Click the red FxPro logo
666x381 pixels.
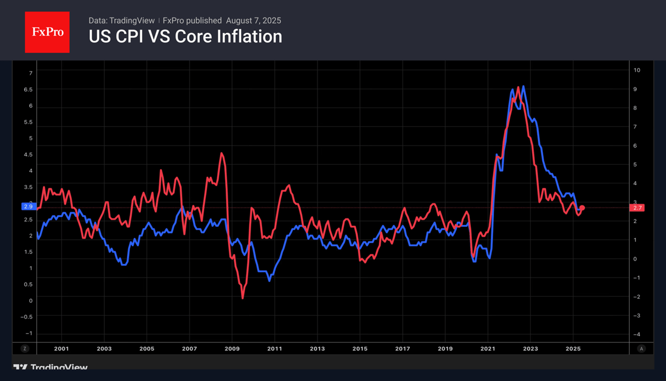47,32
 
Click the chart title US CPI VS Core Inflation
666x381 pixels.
185,37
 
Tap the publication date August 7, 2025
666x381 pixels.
254,21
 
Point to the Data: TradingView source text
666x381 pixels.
121,21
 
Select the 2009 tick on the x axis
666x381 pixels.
232,349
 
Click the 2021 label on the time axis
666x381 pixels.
488,349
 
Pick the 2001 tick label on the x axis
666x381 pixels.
61,349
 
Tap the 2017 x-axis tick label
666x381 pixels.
402,349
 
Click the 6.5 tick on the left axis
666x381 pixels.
28,90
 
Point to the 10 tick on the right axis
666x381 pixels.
637,70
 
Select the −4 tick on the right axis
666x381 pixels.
636,335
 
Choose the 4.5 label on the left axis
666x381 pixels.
28,155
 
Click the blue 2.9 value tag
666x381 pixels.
28,207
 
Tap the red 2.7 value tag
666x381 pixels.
638,208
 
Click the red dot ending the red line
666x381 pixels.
582,208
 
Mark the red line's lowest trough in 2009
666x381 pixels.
242,298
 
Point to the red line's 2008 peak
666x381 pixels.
221,153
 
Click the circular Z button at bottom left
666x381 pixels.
25,349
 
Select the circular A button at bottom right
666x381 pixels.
641,349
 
